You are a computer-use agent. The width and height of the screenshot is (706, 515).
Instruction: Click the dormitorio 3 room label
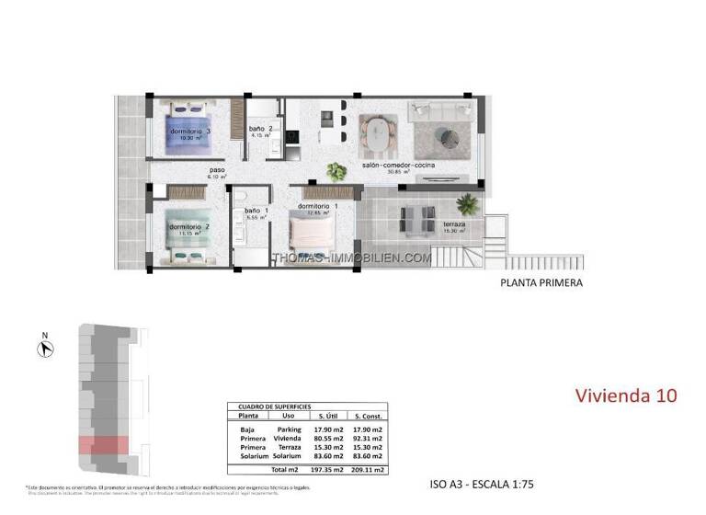pos(190,132)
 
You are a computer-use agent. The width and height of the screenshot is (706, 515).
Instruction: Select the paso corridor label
pos(217,170)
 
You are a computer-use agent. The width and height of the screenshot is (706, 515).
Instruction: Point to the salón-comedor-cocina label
pos(398,166)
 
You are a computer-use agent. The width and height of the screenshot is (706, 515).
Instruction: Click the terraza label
pos(453,224)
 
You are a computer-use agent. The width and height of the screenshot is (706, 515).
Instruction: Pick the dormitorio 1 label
pos(318,206)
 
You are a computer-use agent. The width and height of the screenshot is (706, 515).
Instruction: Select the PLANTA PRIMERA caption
pos(541,283)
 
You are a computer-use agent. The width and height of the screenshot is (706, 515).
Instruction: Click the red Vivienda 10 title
pos(626,395)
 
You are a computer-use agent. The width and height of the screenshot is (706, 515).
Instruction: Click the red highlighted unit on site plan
pos(102,445)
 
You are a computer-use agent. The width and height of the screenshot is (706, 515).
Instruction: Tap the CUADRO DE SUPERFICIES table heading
pos(274,406)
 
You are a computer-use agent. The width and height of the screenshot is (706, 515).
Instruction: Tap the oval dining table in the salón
pos(375,135)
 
